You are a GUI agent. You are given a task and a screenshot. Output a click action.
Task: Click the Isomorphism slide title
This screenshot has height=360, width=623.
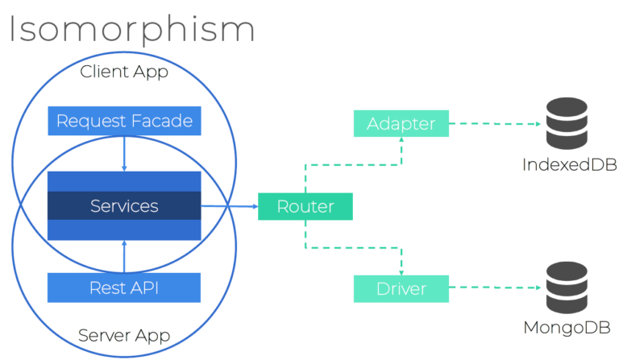(131, 28)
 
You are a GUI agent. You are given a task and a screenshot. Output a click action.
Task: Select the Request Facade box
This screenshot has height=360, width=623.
(124, 122)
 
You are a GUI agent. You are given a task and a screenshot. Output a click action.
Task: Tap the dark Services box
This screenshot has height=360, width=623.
(124, 206)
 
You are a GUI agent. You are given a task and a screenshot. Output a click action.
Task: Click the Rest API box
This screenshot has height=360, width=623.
(124, 287)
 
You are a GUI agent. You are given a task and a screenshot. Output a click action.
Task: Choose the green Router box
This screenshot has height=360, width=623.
(305, 207)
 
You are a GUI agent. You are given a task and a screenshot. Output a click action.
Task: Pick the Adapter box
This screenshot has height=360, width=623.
(401, 124)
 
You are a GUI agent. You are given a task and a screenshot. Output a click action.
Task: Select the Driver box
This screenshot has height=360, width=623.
(401, 288)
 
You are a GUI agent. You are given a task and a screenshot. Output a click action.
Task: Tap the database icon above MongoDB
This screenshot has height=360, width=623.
(568, 288)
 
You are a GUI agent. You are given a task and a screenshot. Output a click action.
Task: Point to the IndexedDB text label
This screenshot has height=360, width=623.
(569, 165)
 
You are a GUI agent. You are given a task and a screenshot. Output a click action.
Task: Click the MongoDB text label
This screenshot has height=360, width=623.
(569, 328)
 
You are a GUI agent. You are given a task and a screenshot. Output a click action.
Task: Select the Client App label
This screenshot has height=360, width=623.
(124, 72)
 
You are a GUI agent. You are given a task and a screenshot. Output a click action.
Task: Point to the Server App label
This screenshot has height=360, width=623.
(124, 334)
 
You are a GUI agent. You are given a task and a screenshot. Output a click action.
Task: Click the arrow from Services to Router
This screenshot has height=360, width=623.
(229, 207)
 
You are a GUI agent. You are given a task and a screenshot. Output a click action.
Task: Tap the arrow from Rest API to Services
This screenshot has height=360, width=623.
(124, 256)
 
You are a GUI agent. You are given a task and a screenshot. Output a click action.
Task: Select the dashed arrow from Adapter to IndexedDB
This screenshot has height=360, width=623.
(493, 124)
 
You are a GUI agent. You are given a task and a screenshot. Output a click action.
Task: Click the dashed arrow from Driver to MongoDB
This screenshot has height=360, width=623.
(493, 288)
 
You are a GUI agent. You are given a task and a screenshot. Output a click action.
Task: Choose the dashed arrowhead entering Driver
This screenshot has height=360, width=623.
(401, 271)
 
